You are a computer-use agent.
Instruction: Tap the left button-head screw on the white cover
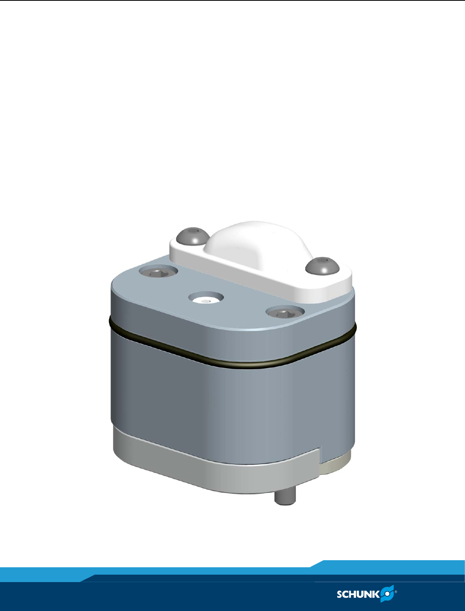click(x=193, y=236)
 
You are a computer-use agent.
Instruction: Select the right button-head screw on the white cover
click(x=322, y=266)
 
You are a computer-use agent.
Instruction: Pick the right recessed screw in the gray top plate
click(x=285, y=313)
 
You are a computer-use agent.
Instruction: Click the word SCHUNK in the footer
click(x=358, y=594)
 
